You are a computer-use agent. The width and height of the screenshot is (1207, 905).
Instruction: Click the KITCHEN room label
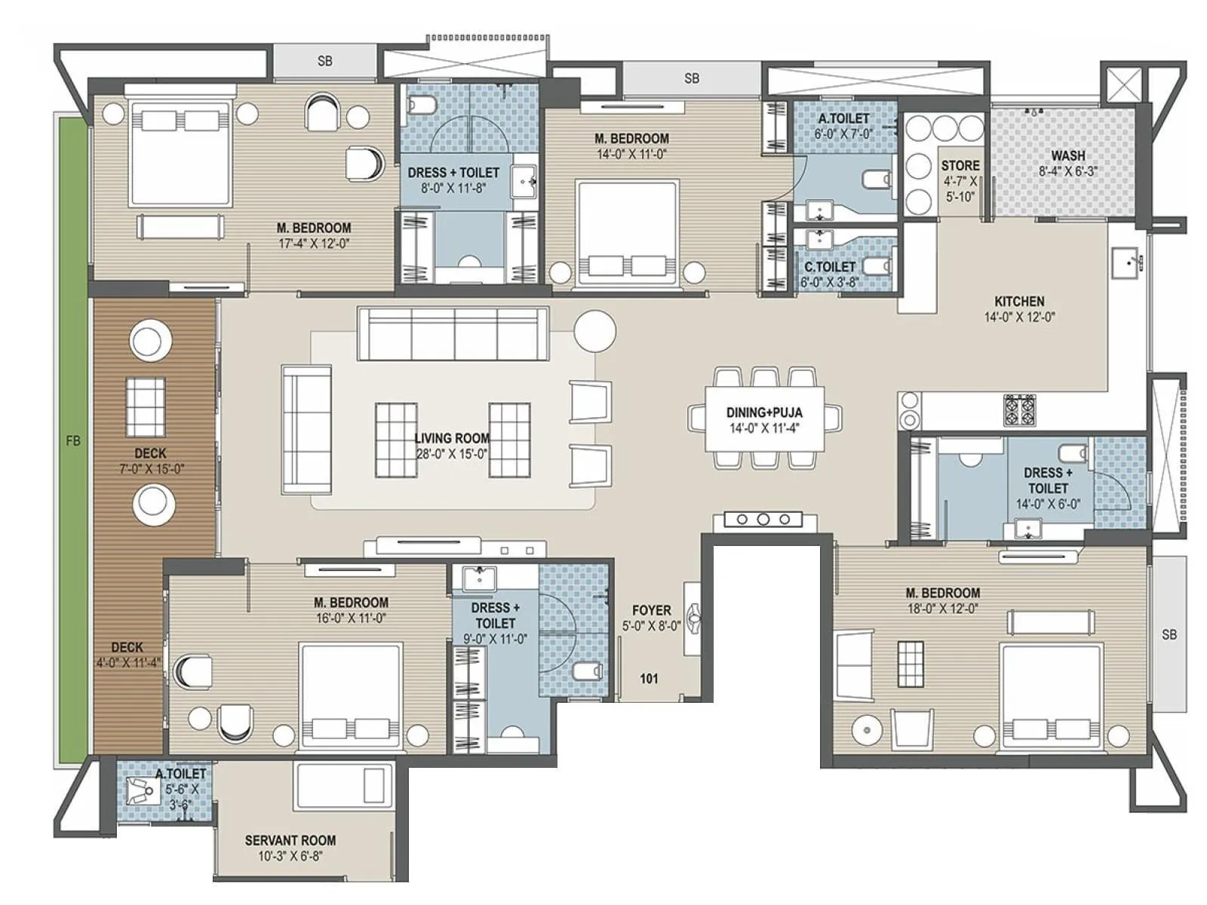coord(1019,301)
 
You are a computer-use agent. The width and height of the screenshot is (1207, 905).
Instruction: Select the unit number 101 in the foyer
coord(649,679)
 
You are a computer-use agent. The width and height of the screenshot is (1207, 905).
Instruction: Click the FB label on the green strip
coord(73,441)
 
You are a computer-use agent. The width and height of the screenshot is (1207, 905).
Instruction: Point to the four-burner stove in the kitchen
coord(1019,409)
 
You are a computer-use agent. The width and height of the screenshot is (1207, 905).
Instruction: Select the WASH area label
coord(1068,156)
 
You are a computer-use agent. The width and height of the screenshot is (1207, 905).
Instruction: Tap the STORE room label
coord(960,165)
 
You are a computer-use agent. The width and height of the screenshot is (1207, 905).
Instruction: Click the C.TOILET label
coord(829,267)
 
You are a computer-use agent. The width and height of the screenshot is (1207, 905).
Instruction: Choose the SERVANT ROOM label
coord(290,840)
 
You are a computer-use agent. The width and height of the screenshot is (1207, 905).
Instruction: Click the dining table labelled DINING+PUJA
coord(764,419)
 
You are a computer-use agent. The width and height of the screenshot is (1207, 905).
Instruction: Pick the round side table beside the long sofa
coord(594,331)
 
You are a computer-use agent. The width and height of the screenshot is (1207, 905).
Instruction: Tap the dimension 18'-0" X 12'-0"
coord(943,609)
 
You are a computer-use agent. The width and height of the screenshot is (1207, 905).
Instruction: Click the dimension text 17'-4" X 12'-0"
coord(314,244)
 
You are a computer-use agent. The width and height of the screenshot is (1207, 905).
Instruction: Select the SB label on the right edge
coord(1169,635)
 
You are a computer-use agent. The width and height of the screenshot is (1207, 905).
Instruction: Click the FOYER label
coord(652,610)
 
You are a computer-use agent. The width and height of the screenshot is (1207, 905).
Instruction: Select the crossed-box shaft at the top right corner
coord(1123,84)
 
